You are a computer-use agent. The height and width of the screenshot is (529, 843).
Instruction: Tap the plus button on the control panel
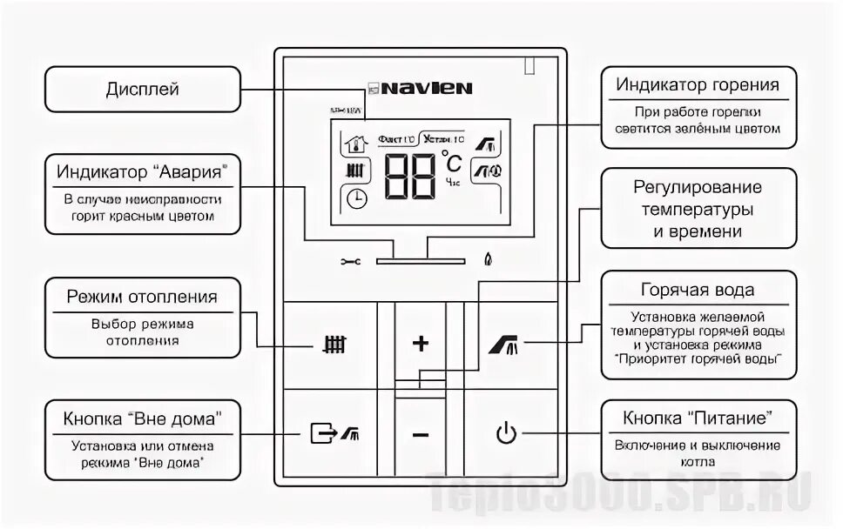421,344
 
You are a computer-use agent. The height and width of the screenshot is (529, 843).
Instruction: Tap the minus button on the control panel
421,434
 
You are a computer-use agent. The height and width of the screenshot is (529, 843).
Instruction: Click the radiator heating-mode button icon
334,344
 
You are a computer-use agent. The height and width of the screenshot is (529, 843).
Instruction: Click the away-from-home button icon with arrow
334,432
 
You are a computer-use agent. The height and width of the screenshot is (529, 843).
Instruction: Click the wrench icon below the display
350,260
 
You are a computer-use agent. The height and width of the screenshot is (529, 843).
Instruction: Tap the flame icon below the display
488,259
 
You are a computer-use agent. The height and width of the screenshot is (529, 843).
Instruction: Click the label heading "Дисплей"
142,89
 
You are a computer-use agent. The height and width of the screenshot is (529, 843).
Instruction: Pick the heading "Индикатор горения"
698,84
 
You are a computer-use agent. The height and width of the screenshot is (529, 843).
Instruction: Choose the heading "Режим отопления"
142,297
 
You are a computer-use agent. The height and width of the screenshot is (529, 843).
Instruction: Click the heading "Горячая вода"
698,290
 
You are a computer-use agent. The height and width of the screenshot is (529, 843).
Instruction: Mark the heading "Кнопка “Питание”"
698,418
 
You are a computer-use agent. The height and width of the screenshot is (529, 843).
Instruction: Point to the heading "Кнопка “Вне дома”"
142,418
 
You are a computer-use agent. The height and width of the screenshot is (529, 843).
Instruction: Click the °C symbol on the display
452,163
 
